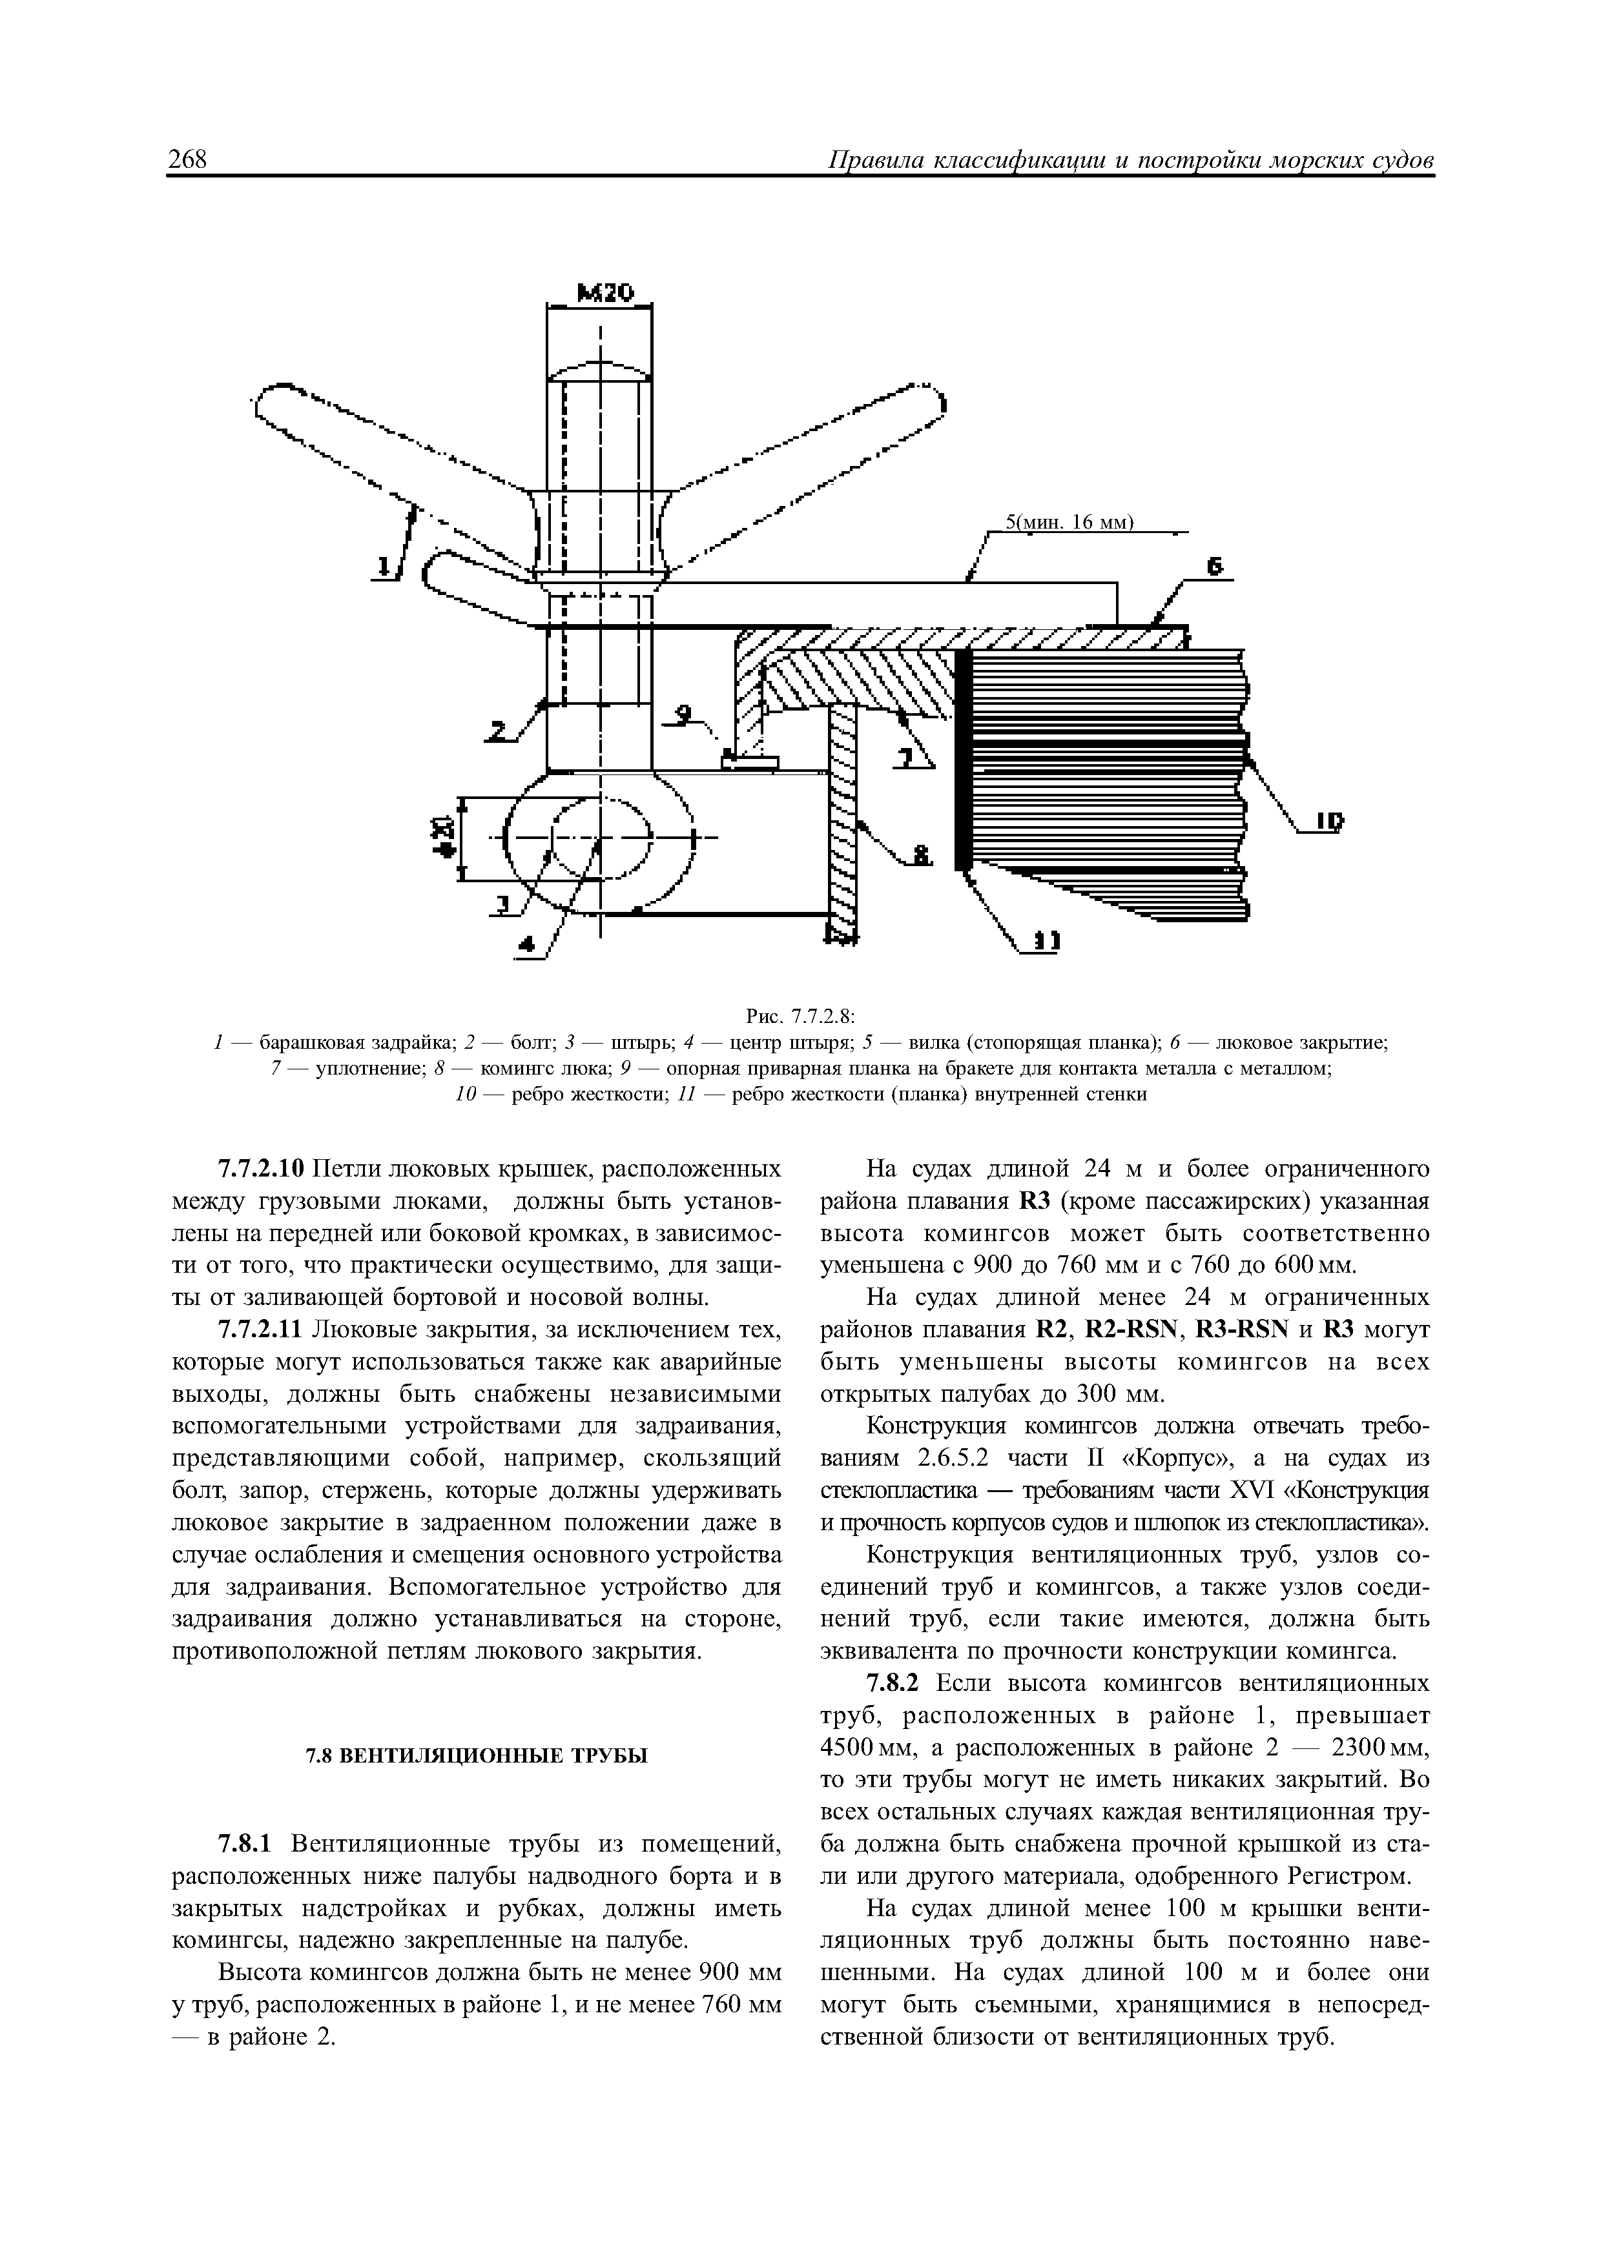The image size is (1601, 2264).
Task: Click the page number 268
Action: coord(187,160)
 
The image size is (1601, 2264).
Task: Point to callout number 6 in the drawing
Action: coord(1215,566)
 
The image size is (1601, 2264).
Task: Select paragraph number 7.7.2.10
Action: coord(260,1169)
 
